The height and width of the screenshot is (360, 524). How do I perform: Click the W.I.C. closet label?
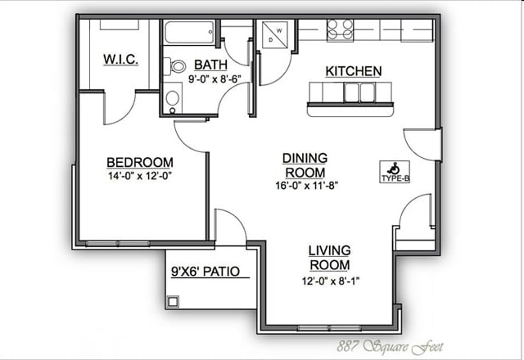click(x=120, y=59)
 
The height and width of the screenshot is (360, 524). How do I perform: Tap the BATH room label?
click(x=210, y=65)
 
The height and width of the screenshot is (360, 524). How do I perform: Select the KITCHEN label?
click(x=353, y=71)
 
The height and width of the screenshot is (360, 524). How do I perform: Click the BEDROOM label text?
click(x=140, y=162)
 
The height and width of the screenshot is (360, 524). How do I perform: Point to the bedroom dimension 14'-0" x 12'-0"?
click(x=140, y=176)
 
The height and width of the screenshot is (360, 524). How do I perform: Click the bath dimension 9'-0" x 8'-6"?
click(x=215, y=79)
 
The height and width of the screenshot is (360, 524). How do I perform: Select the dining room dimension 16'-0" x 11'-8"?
click(x=307, y=186)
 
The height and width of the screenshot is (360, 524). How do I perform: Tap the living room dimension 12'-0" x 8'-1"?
click(x=331, y=281)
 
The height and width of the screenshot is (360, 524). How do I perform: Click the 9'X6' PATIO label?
click(x=206, y=271)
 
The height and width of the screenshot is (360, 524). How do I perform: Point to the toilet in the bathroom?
click(x=174, y=66)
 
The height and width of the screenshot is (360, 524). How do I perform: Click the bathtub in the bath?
click(x=189, y=33)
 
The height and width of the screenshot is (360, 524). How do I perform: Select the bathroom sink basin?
click(x=173, y=98)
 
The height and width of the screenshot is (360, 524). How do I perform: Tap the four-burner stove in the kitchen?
click(x=340, y=29)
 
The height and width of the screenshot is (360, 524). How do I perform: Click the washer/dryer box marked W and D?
click(x=275, y=34)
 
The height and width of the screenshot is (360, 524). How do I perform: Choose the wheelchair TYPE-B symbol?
click(x=395, y=172)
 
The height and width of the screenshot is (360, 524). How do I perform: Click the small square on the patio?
click(x=173, y=302)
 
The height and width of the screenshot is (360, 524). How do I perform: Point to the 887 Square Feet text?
click(x=390, y=347)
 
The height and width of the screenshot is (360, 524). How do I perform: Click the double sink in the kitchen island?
click(x=359, y=92)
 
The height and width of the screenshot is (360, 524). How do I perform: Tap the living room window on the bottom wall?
click(x=329, y=328)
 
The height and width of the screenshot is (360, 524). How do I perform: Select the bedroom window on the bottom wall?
click(x=118, y=244)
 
